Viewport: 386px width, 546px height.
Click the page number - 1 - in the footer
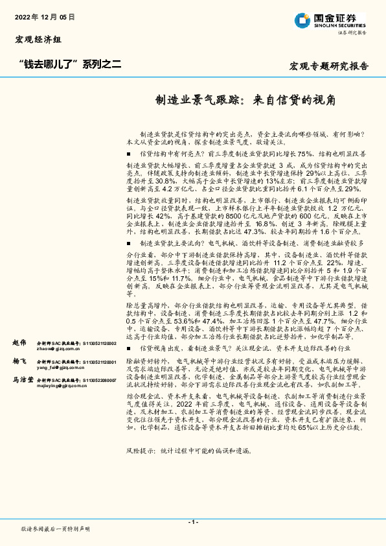192,522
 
